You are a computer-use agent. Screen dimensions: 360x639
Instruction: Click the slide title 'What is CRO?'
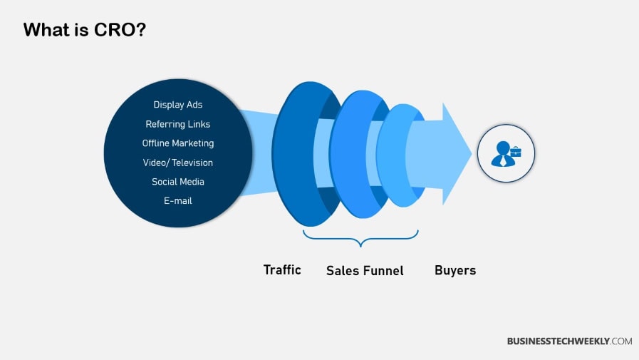coord(84,30)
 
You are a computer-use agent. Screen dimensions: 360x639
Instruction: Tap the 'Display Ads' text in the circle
coord(178,105)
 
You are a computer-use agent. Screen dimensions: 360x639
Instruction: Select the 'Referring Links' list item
coord(178,124)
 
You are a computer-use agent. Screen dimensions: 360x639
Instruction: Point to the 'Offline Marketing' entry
coord(178,143)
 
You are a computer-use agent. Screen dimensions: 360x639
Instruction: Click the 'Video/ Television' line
coord(178,163)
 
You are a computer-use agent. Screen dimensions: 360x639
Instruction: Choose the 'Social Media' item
coord(178,182)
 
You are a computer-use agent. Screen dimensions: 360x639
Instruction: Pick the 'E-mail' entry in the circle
coord(178,201)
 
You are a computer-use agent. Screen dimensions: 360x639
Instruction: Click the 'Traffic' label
coord(282,269)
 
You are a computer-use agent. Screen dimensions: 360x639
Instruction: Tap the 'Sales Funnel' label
coord(365,270)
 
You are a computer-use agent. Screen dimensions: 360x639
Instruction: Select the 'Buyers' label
coord(455,270)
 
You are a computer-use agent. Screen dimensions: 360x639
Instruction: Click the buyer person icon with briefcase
coord(506,153)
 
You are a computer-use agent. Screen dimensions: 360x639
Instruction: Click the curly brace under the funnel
coord(360,238)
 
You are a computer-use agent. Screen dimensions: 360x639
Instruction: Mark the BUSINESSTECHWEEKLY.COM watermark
coord(569,341)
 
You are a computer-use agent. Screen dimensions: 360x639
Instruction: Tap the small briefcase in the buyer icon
coord(515,150)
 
